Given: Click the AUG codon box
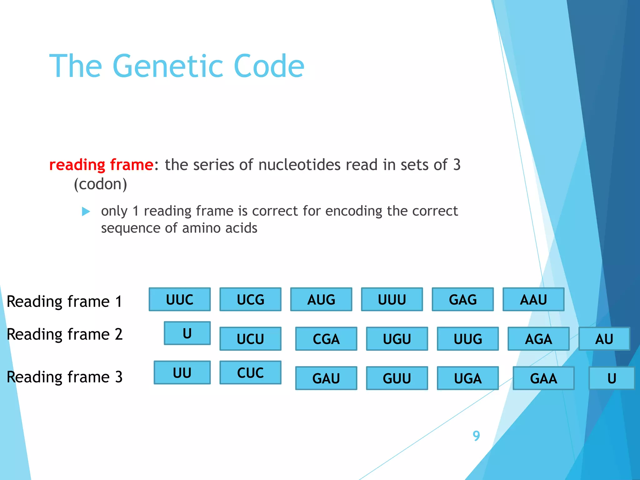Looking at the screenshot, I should [321, 299].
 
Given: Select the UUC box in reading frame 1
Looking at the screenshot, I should [180, 299].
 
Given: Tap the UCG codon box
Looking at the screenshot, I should [250, 299].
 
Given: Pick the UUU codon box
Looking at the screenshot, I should [392, 299].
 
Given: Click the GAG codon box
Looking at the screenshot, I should [462, 299].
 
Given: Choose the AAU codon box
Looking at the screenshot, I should [533, 299].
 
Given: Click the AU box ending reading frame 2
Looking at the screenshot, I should [604, 339].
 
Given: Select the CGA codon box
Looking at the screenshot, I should [326, 339].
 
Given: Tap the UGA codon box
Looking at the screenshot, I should [467, 378].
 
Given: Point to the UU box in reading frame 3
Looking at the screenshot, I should [182, 372].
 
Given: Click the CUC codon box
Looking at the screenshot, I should [250, 372].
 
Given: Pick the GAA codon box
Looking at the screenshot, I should [543, 378].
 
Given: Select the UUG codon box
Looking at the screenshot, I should [467, 339].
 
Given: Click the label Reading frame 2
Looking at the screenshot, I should [64, 334].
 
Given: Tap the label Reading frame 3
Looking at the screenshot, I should [64, 377].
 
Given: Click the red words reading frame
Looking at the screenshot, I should [101, 164].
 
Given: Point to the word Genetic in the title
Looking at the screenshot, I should [168, 66].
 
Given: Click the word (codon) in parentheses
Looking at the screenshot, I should [100, 184].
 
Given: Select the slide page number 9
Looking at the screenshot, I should [476, 436].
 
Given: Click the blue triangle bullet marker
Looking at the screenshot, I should [86, 212].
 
